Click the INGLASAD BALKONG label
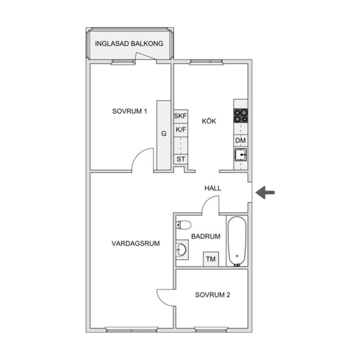129,43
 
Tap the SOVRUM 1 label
129,111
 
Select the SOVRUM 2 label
213,295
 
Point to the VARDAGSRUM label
135,243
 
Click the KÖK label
209,121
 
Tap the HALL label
213,188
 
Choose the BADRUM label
205,237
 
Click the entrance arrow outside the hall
265,192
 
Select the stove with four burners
241,116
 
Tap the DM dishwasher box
241,141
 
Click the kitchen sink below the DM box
241,154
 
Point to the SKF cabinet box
180,116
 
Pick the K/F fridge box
180,130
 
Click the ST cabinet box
181,159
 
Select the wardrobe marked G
164,134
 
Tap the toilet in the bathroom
183,225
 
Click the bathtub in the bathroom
237,241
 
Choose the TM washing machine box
211,259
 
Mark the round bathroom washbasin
182,249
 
